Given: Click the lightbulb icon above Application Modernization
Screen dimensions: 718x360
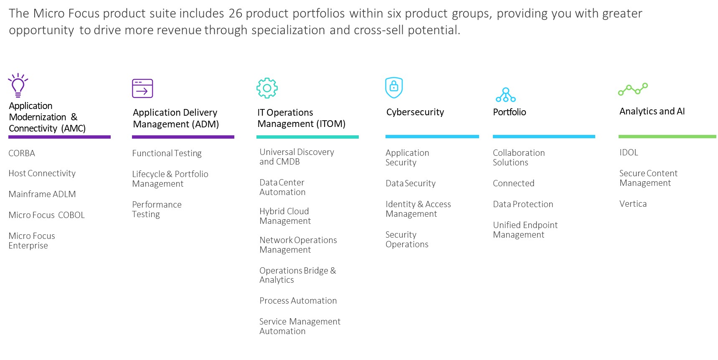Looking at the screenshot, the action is [18, 86].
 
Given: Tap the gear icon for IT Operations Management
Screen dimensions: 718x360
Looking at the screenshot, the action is [267, 88].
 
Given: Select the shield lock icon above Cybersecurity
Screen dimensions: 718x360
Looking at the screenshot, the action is [394, 87].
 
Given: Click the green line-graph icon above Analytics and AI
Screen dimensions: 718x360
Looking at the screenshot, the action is [633, 89].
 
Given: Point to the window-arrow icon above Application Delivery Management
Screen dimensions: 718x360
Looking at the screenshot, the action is [142, 89].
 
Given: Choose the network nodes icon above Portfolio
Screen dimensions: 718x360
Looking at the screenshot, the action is [506, 95].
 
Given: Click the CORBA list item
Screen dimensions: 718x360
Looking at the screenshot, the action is [22, 153].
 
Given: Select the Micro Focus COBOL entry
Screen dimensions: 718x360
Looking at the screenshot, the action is [46, 215].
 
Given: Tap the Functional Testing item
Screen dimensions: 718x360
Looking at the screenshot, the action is [167, 153].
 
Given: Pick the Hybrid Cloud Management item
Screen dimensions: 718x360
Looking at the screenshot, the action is [285, 216].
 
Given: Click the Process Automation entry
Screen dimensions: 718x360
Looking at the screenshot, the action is [298, 301].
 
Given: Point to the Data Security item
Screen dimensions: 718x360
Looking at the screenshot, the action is [411, 183].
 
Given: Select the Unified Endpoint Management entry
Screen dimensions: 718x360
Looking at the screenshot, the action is [525, 230].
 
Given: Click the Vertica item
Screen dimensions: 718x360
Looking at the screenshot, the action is [633, 204].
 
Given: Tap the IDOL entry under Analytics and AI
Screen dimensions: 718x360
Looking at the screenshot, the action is [629, 152].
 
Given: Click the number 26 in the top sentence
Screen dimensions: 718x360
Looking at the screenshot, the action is [235, 13].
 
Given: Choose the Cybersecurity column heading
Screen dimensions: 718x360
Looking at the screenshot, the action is [415, 112].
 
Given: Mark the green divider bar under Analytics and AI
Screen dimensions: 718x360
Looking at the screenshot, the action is [667, 137].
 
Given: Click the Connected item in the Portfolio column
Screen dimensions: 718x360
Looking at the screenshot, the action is [513, 183].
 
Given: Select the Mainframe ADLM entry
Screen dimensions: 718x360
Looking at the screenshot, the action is [42, 194].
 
